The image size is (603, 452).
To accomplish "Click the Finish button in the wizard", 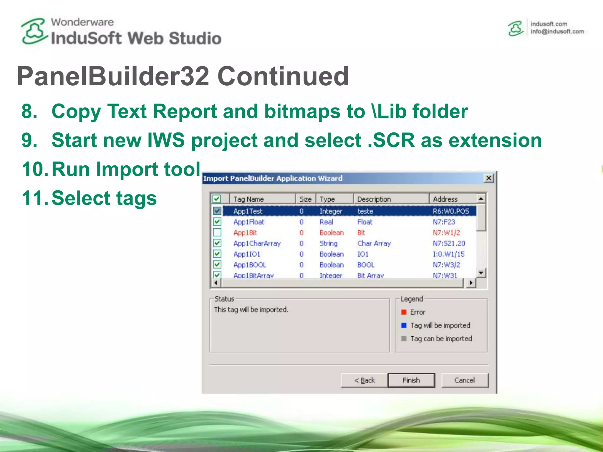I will (x=411, y=380).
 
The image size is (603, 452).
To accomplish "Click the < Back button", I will (x=364, y=380).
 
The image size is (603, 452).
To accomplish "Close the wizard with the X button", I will (x=489, y=178).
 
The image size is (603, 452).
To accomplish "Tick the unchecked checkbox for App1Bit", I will (x=217, y=232).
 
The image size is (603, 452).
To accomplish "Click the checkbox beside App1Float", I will (x=217, y=222).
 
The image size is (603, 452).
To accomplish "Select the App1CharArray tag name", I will (x=257, y=243).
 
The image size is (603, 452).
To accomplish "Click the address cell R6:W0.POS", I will (x=450, y=211).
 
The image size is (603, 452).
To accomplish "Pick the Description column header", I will (x=374, y=199).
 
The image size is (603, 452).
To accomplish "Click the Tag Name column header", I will (x=248, y=199).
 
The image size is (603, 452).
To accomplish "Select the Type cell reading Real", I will (x=326, y=222).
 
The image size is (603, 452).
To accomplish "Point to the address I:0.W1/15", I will (x=448, y=254).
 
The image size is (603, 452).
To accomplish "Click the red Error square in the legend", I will (x=404, y=312).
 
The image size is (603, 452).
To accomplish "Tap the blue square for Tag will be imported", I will (x=404, y=325).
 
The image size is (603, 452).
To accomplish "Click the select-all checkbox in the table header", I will (x=217, y=199).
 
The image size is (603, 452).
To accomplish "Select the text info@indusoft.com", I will (x=557, y=31).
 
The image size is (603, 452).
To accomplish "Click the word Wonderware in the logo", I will (x=82, y=22).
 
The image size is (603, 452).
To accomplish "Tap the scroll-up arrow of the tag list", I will (x=481, y=199).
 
